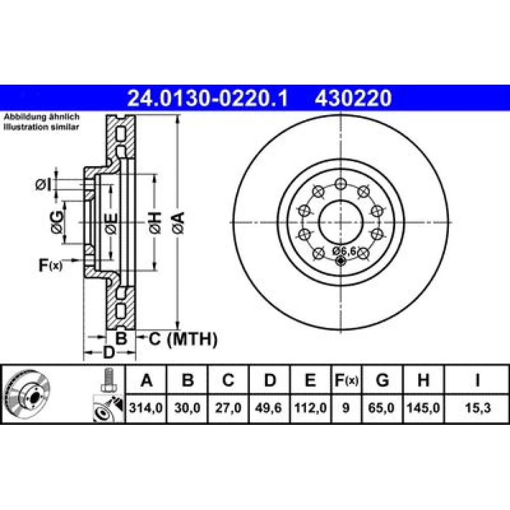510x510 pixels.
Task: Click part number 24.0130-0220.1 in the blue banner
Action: click(x=208, y=98)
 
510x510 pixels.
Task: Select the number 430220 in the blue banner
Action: click(x=353, y=98)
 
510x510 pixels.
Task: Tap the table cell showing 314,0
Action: click(x=146, y=407)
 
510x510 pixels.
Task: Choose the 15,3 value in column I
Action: click(x=477, y=407)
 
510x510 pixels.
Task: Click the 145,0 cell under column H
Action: click(x=423, y=407)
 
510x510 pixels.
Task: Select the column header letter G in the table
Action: click(x=382, y=380)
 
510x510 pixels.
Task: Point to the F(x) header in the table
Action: click(x=346, y=380)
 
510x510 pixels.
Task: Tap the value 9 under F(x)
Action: click(x=346, y=407)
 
